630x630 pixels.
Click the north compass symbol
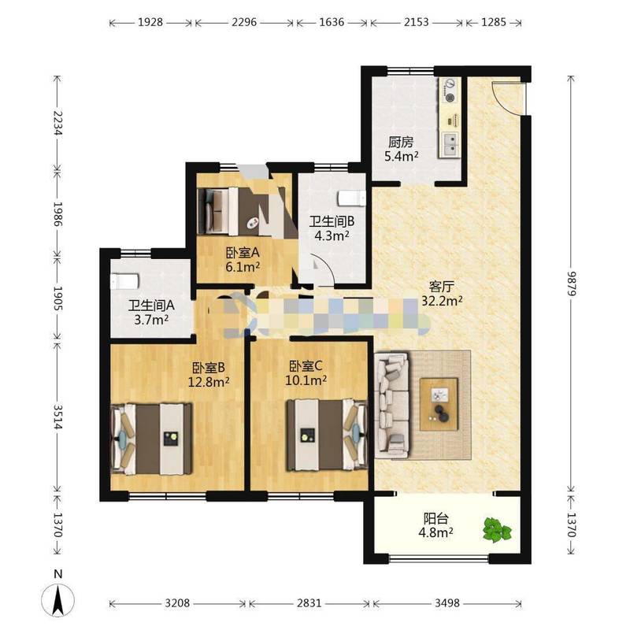tap(58, 599)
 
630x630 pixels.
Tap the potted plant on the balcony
tap(497, 529)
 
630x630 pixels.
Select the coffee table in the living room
tap(439, 404)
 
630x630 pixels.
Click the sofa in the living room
tap(391, 405)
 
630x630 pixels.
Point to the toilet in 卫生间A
tap(124, 281)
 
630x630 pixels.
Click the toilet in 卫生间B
tap(352, 198)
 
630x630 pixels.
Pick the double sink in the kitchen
tap(450, 145)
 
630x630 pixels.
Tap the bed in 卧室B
tap(151, 439)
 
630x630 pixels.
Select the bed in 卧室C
tap(327, 435)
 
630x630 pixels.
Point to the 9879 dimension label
tap(572, 283)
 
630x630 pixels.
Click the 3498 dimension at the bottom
tap(447, 603)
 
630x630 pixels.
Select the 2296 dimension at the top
tap(244, 22)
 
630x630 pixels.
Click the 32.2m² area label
tap(442, 301)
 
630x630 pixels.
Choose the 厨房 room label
tap(401, 143)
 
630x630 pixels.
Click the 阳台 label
tap(436, 518)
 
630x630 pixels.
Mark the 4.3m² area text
tap(332, 235)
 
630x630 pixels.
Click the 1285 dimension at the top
tap(494, 22)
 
